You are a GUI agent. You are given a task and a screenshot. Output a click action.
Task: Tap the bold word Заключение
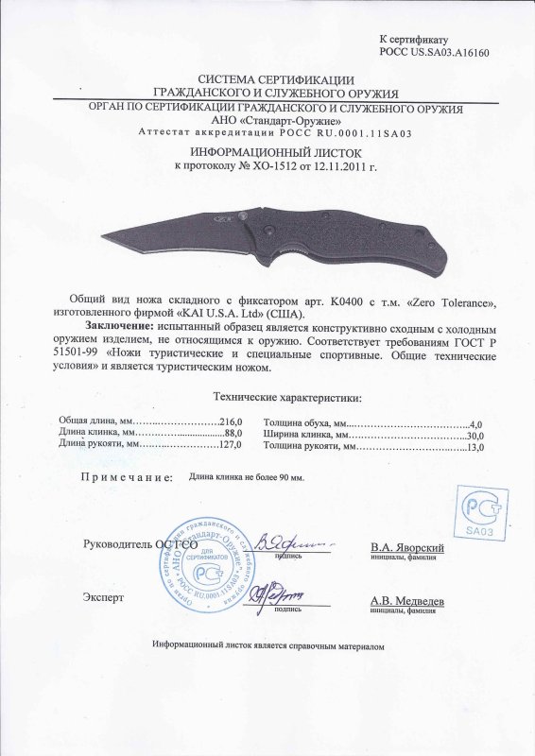tap(116, 324)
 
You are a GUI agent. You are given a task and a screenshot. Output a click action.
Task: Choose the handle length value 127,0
tap(232, 443)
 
